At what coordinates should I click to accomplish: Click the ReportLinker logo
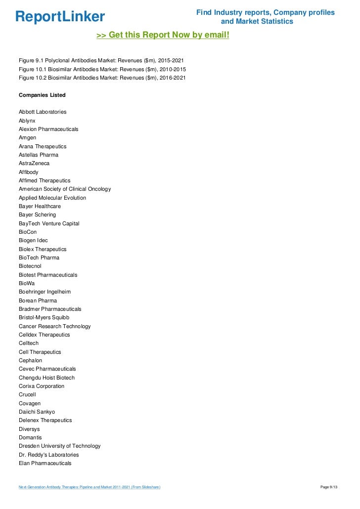[60, 17]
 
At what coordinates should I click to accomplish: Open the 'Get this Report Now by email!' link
[163, 35]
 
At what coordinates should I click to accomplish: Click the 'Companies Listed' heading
[42, 95]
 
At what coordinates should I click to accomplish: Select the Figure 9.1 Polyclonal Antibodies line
[101, 60]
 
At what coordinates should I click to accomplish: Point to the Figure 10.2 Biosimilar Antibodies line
[102, 78]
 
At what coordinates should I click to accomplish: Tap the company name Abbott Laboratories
[43, 112]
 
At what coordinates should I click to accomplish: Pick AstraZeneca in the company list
[34, 163]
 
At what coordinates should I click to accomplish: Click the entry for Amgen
[27, 137]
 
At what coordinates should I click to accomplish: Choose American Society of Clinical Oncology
[65, 189]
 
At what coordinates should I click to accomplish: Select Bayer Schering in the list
[37, 215]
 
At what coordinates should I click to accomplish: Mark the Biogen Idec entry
[33, 241]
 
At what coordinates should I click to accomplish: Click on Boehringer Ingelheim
[45, 292]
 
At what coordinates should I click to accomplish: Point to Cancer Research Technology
[55, 326]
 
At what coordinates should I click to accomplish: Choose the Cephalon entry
[31, 360]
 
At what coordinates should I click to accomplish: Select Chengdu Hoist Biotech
[47, 378]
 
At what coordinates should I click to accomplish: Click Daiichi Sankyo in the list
[37, 412]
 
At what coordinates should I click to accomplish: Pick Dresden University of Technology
[59, 446]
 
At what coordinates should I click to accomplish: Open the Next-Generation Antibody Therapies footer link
[90, 488]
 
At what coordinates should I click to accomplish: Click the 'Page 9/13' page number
[329, 488]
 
